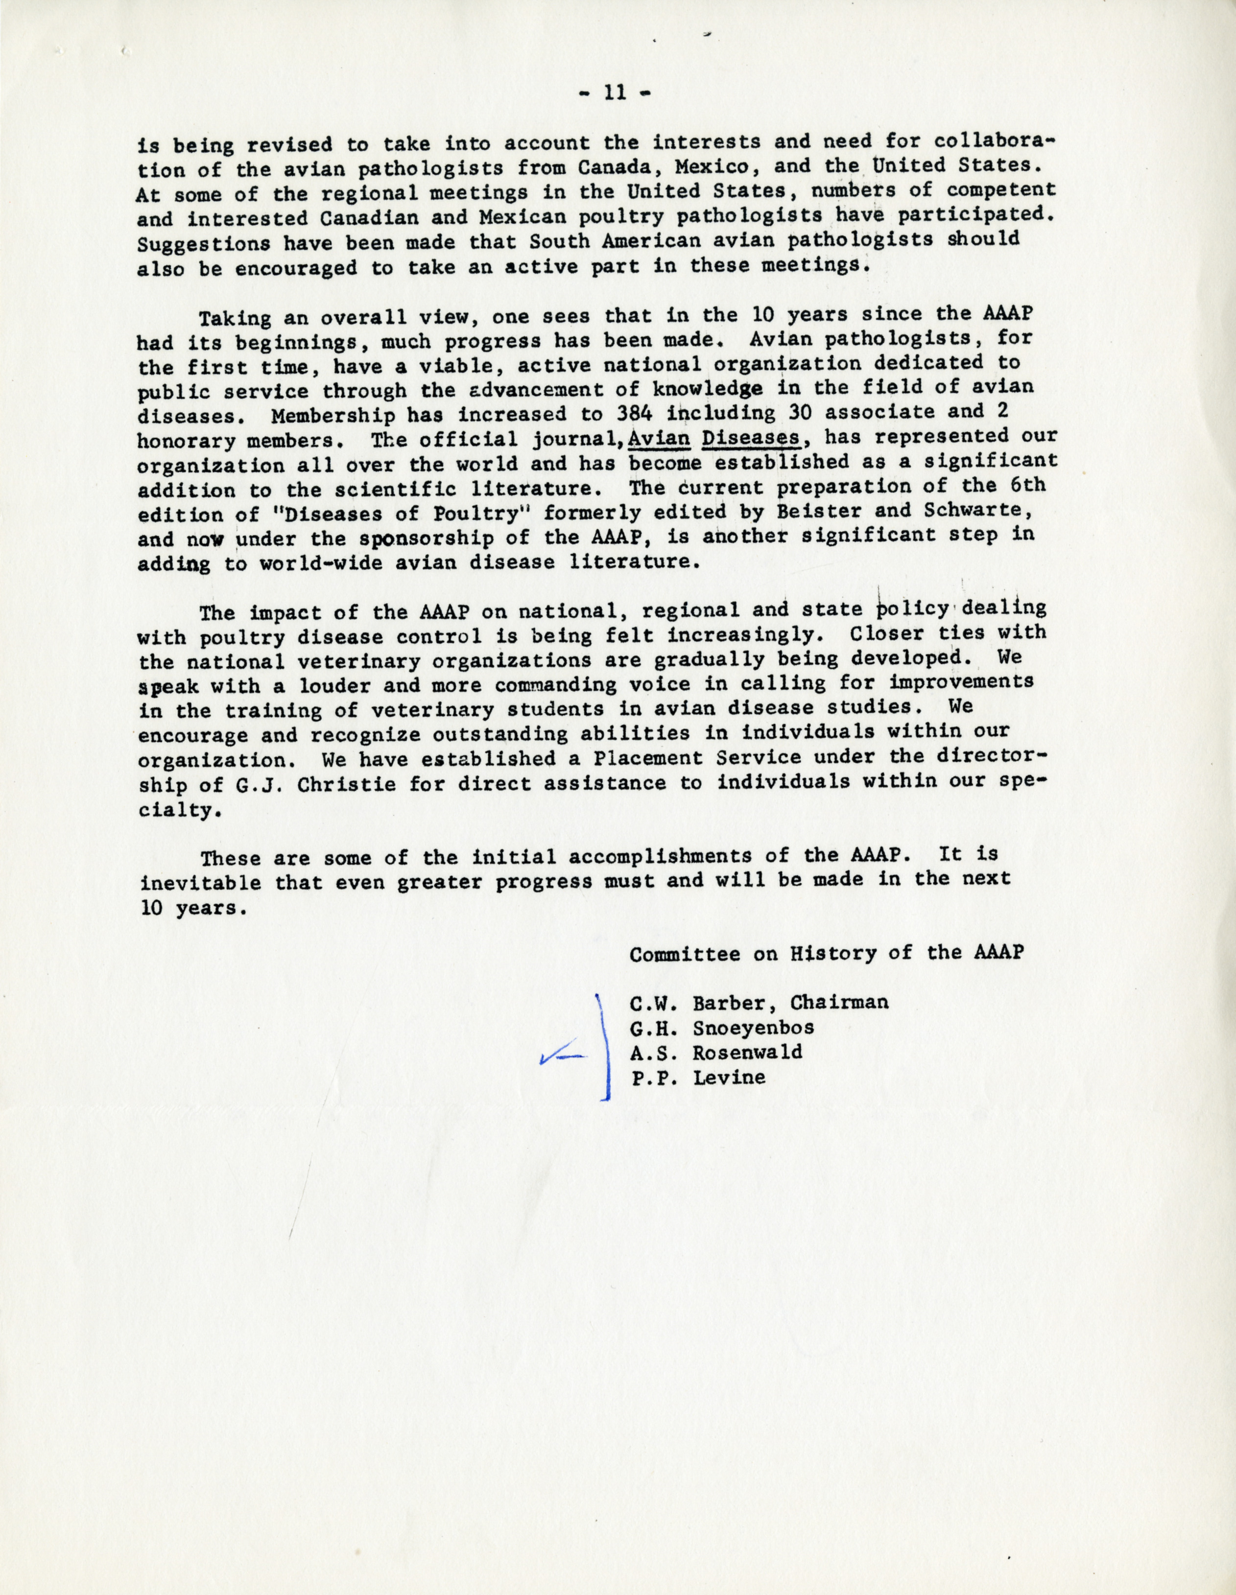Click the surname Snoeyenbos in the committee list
coord(753,1028)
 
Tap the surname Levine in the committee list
coord(729,1077)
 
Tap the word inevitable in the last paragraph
coord(199,882)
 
